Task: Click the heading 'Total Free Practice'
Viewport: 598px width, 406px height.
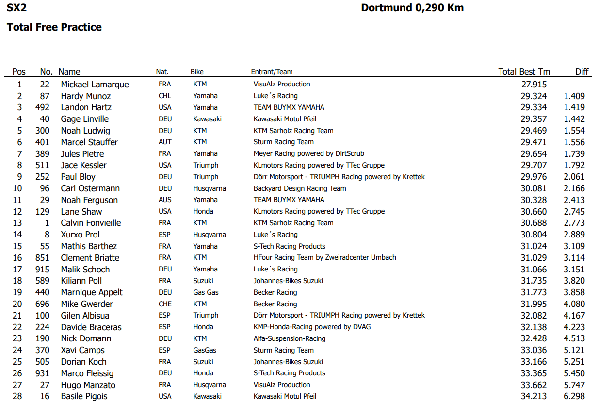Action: (54, 27)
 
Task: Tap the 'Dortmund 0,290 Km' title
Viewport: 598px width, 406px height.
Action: (412, 8)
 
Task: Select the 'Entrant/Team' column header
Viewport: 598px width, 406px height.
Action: (272, 72)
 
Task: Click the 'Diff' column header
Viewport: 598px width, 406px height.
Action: (582, 72)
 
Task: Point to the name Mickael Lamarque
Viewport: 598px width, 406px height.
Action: (95, 85)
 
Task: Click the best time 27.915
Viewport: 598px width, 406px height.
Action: (533, 85)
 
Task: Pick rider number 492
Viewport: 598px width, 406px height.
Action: (43, 107)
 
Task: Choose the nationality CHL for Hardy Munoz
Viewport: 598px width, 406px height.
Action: (165, 96)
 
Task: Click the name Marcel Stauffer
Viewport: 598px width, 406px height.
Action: (89, 142)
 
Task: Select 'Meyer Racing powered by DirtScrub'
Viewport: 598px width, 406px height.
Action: (309, 153)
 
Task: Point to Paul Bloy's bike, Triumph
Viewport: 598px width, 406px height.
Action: (206, 177)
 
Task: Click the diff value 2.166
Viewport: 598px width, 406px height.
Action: (574, 188)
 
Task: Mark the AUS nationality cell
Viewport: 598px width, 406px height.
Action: (165, 200)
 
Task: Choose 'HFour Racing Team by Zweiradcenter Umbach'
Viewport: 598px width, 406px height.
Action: (325, 257)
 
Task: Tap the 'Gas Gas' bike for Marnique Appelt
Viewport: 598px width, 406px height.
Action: (206, 292)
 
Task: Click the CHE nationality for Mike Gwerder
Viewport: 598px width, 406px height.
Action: (165, 304)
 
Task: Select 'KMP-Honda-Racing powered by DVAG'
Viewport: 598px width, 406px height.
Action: (312, 327)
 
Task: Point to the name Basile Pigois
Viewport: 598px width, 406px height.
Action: (84, 396)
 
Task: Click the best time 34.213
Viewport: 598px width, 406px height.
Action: (533, 396)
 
